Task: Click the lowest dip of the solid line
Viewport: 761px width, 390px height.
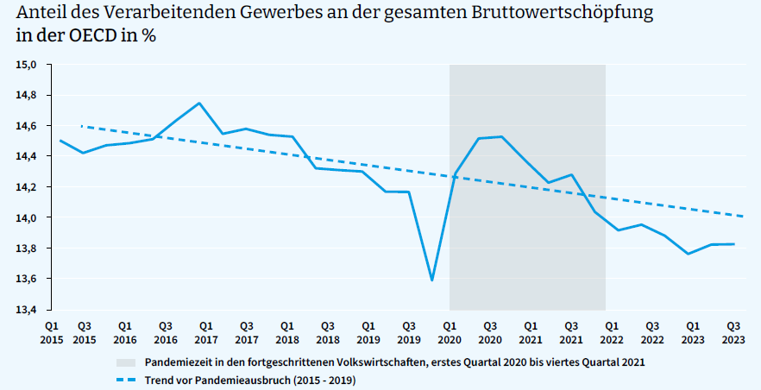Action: coord(431,280)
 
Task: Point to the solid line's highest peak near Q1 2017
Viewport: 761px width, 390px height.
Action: coord(200,104)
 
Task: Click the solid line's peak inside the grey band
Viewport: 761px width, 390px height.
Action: coord(501,136)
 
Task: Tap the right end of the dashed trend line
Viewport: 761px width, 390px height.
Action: coord(743,216)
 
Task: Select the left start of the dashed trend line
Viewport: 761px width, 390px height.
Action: coord(80,126)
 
